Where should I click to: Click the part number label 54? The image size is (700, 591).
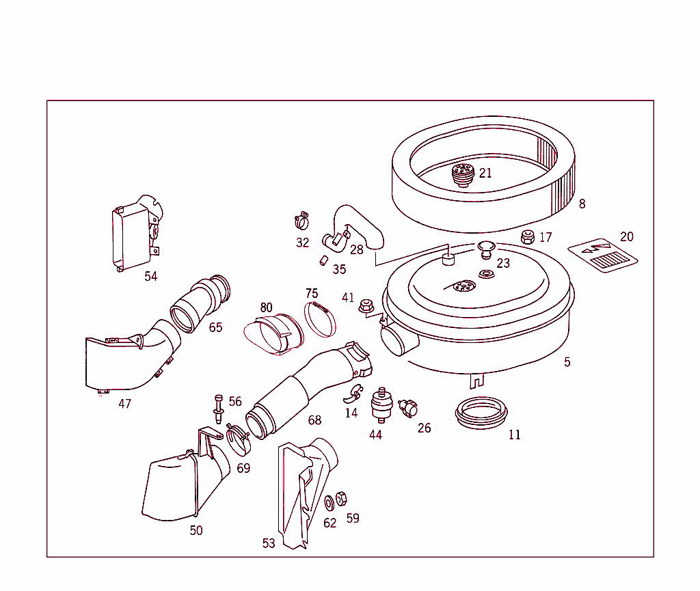click(x=150, y=276)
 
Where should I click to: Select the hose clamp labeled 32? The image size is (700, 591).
click(x=301, y=221)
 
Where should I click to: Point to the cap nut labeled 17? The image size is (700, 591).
click(x=527, y=237)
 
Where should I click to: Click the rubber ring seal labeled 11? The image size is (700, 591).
click(x=481, y=412)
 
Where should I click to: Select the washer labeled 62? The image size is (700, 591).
click(x=329, y=504)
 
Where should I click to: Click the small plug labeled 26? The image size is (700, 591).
click(x=408, y=409)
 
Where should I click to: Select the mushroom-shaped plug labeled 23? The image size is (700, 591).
click(x=486, y=249)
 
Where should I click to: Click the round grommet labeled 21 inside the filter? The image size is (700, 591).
click(x=463, y=175)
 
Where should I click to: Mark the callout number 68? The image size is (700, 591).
click(x=314, y=420)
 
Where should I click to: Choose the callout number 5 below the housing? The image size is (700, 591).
click(x=567, y=362)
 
